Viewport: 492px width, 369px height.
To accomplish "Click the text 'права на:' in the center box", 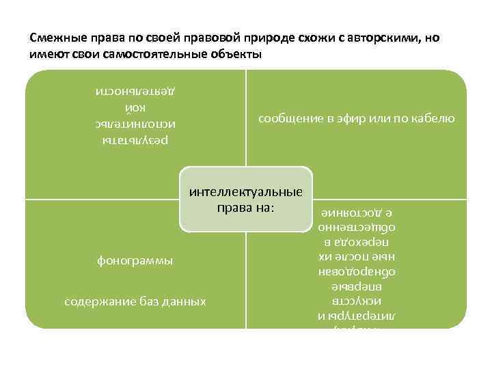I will [245, 206].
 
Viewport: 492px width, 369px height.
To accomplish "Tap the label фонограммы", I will [135, 260].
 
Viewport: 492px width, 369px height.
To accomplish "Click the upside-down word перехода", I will [359, 243].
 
